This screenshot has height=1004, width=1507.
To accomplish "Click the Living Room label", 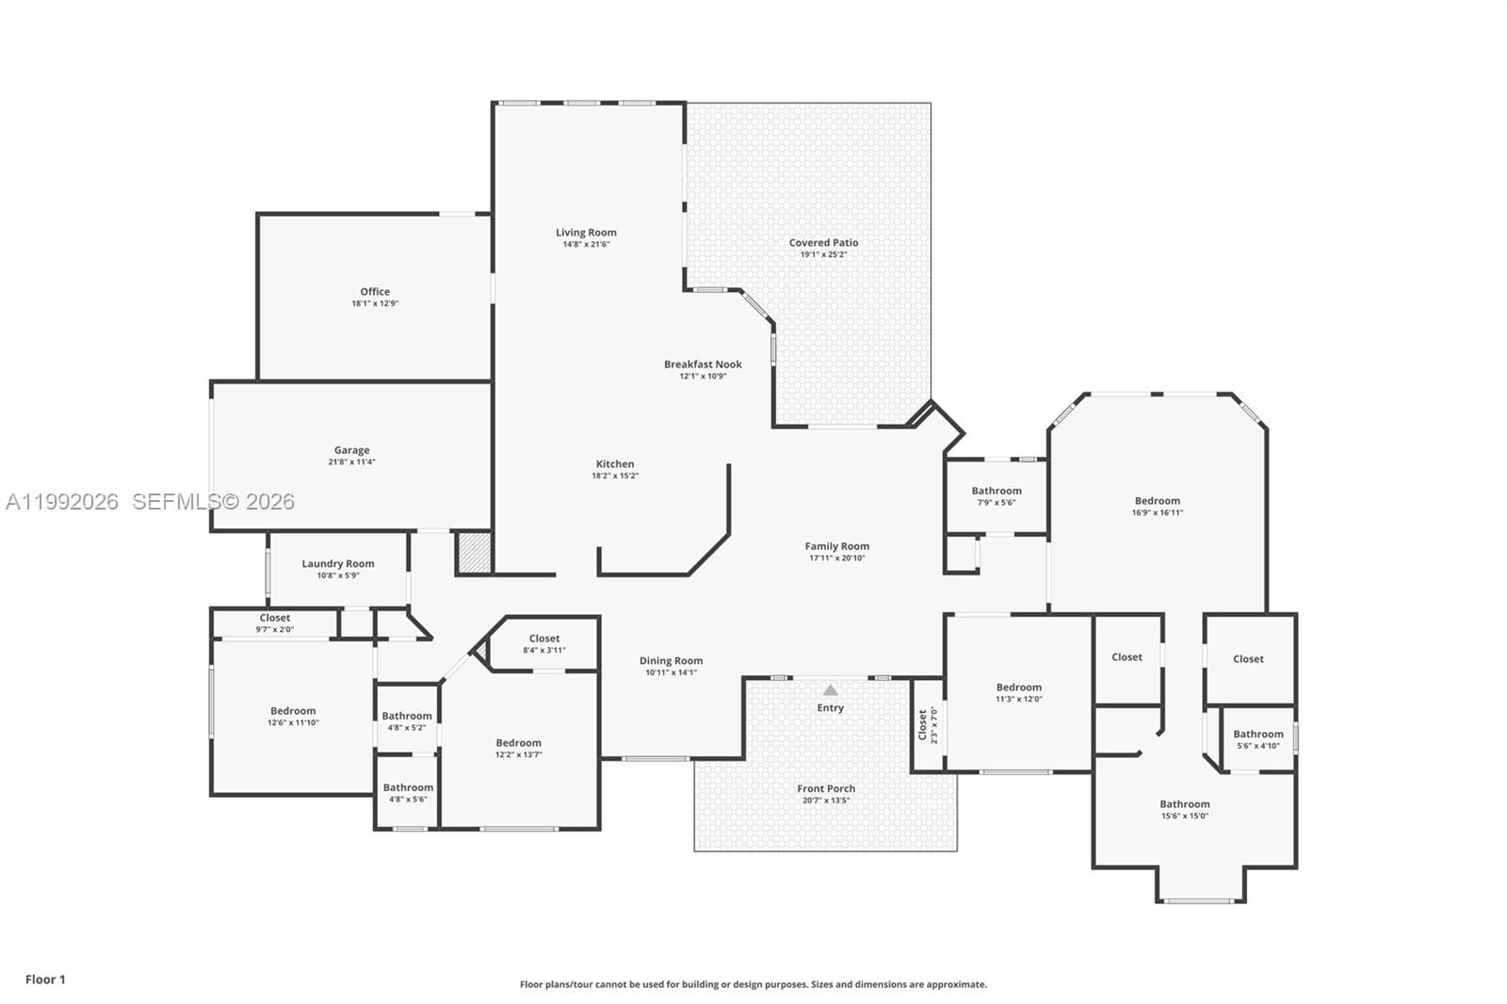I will [x=586, y=233].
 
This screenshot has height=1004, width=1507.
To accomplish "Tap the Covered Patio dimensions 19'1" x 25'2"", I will [x=823, y=254].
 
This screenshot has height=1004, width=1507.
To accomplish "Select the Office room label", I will [x=375, y=292].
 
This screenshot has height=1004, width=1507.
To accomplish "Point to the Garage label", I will [x=351, y=450].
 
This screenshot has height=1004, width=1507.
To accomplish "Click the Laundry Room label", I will [x=338, y=564].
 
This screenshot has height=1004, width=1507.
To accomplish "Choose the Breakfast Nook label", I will [x=703, y=364].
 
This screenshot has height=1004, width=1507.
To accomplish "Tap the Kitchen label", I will [x=615, y=464].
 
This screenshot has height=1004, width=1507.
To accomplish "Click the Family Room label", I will [x=836, y=546].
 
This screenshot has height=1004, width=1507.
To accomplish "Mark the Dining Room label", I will [x=671, y=661].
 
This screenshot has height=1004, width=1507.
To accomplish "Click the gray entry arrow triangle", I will [x=830, y=690].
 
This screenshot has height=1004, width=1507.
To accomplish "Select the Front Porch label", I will [x=826, y=789].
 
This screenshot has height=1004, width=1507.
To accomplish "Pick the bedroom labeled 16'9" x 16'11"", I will [x=1157, y=506].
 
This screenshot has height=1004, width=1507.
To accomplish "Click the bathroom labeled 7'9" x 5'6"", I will [x=997, y=495].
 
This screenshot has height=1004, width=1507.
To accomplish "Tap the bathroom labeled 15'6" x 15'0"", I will [x=1185, y=809].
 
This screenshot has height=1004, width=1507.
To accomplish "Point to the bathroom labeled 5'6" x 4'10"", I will [x=1257, y=738].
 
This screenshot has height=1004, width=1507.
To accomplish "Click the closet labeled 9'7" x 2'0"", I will [x=275, y=623].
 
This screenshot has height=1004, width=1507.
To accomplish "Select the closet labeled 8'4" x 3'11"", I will [x=544, y=643].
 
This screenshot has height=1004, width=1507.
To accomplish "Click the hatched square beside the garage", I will [x=475, y=554].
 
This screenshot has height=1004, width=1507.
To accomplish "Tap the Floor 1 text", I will [x=45, y=980].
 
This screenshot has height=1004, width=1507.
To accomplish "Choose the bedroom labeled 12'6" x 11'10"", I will [x=293, y=716].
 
